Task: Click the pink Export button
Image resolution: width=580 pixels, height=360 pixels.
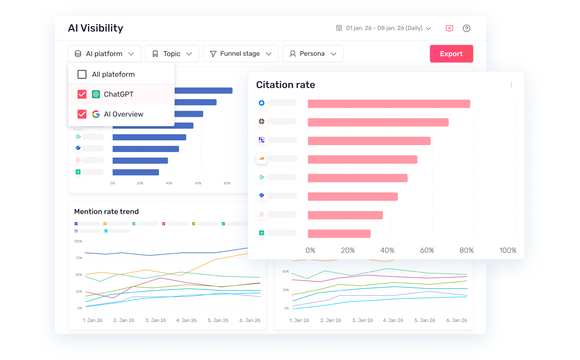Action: click(451, 54)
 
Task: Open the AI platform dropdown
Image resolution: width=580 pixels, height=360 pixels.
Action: click(104, 54)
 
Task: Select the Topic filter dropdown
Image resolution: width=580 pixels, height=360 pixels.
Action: click(172, 54)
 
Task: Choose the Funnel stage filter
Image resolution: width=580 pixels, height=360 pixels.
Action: click(240, 54)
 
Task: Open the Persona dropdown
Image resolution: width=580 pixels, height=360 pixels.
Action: click(313, 54)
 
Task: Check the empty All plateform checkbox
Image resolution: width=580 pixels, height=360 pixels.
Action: click(82, 75)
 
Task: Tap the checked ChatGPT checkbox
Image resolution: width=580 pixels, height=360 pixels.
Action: click(82, 94)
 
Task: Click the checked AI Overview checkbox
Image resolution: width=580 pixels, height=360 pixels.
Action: click(82, 114)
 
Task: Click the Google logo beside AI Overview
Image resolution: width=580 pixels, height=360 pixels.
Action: click(96, 114)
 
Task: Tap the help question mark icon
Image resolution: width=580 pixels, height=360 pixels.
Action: click(466, 28)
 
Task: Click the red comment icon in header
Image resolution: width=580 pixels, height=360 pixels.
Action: click(449, 28)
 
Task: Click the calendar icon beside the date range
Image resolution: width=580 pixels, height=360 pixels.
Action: click(339, 28)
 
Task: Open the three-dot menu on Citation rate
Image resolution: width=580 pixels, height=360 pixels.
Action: click(511, 85)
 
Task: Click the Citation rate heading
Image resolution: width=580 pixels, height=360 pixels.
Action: click(286, 85)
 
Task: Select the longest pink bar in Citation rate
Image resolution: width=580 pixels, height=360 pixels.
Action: click(389, 104)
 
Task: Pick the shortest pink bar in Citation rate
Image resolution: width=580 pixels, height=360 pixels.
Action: click(339, 234)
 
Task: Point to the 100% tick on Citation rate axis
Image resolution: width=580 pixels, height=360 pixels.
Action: click(507, 251)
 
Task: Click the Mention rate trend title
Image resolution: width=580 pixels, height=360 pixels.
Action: click(107, 212)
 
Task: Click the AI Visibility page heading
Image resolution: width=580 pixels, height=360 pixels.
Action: click(96, 28)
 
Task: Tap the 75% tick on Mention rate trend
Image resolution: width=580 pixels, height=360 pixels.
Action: click(79, 258)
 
